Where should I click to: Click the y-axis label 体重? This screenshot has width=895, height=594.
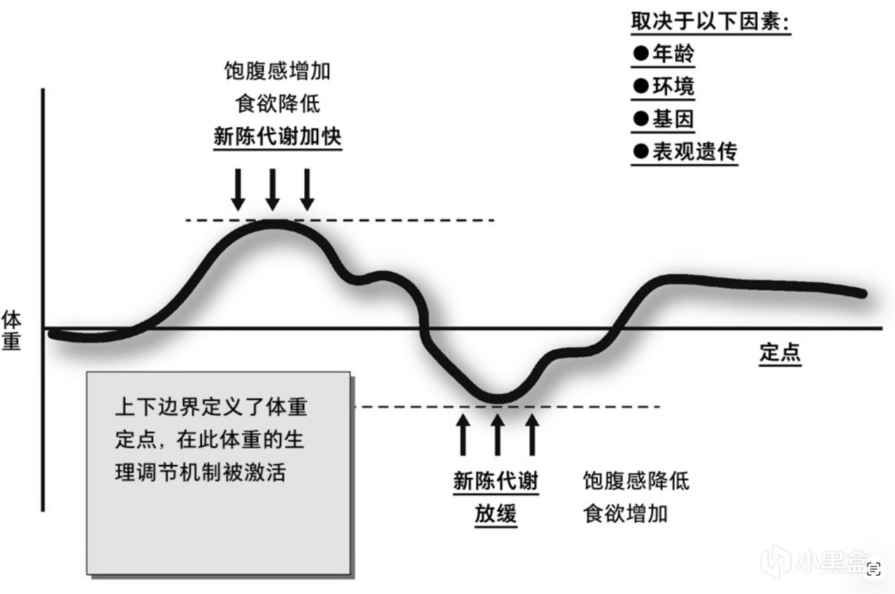[x=12, y=331]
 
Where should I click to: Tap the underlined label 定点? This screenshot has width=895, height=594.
[x=780, y=352]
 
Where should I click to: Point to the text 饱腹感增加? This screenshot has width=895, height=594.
[x=277, y=71]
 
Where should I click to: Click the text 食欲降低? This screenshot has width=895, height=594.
[x=277, y=103]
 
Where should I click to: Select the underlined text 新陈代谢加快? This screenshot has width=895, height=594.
[x=277, y=136]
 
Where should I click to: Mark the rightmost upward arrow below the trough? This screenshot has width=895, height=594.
[x=533, y=435]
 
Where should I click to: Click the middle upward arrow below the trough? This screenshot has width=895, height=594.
[x=497, y=435]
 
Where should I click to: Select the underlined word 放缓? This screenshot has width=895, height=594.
[x=496, y=514]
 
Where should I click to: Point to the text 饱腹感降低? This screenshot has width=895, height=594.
[x=636, y=481]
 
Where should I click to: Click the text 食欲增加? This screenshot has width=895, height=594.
[x=625, y=514]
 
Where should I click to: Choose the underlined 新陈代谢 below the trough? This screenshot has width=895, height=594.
[x=496, y=481]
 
